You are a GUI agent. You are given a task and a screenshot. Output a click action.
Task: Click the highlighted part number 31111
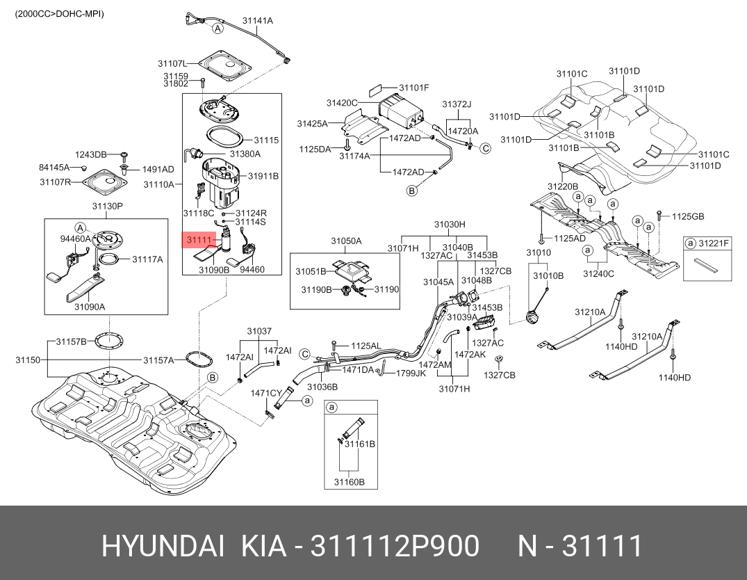(x=198, y=240)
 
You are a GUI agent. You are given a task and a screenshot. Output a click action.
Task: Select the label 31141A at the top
(x=258, y=21)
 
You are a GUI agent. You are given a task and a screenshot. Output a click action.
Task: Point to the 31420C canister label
(x=342, y=103)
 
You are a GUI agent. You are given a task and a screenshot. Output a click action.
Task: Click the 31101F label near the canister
(x=415, y=88)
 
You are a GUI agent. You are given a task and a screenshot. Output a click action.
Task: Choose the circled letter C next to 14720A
(x=486, y=148)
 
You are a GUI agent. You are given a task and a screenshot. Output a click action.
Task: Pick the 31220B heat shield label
(x=562, y=186)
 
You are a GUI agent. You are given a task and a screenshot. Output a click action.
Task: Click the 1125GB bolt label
(x=688, y=217)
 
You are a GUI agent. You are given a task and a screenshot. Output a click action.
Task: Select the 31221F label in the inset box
(x=714, y=243)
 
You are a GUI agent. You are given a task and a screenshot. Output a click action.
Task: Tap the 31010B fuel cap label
(x=548, y=276)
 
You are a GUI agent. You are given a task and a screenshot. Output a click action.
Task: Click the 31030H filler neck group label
(x=450, y=225)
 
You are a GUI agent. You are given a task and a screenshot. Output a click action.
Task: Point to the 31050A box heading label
(x=345, y=241)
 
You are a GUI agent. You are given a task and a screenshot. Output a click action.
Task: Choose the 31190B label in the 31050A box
(x=316, y=289)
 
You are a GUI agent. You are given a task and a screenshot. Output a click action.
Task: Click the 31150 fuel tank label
(x=28, y=360)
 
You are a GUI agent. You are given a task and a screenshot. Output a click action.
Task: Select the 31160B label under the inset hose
(x=349, y=481)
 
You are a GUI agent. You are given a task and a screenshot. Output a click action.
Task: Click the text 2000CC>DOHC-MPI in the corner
(x=59, y=13)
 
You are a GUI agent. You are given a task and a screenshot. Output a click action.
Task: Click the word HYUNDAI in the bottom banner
(x=163, y=547)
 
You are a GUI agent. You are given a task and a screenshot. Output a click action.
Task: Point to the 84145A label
(x=56, y=167)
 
